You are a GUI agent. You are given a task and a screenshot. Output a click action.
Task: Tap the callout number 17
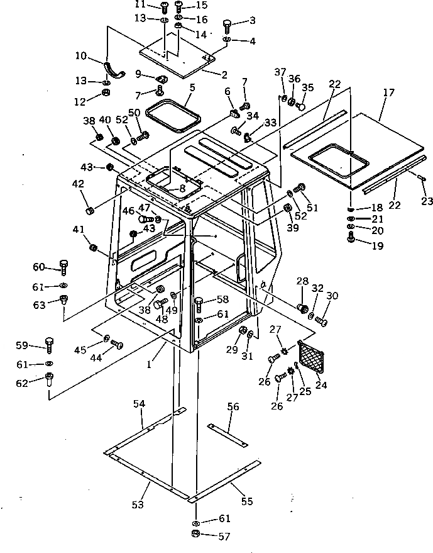(388, 93)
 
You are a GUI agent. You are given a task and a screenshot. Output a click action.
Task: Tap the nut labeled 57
(195, 534)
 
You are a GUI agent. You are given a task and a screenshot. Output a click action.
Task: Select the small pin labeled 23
(422, 179)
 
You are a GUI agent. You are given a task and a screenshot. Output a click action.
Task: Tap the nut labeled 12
(107, 94)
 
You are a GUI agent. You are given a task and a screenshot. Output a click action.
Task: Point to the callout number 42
(78, 184)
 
